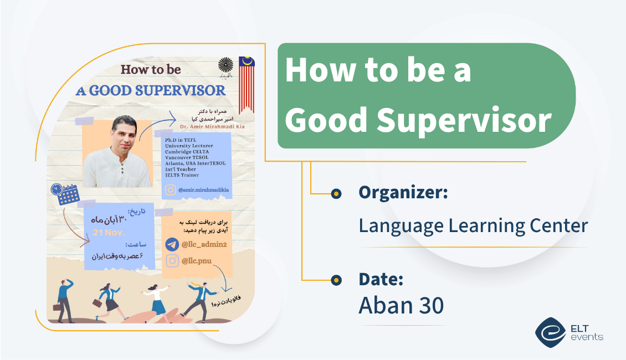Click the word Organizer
click(x=403, y=193)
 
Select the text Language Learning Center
click(x=473, y=225)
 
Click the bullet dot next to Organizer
click(x=336, y=194)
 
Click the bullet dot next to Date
click(x=336, y=280)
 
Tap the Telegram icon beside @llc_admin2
click(x=172, y=245)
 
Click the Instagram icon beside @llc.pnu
click(x=172, y=261)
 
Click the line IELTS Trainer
click(x=182, y=175)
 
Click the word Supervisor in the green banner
click(x=463, y=120)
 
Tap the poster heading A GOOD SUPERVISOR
click(x=151, y=90)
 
